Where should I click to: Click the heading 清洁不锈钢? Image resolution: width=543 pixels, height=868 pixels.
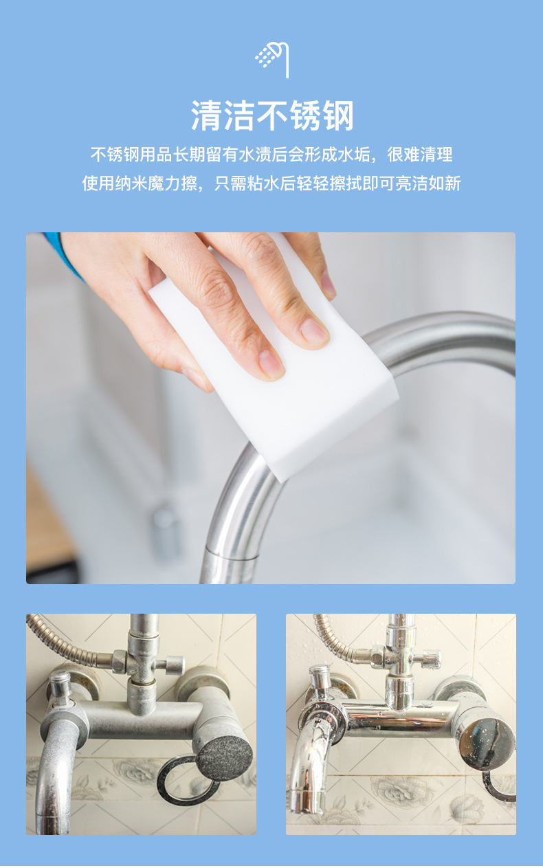pos(272,115)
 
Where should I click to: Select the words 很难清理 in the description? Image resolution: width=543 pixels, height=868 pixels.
pos(420,154)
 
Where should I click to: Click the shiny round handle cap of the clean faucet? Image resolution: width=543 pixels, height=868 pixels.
pos(487,744)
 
